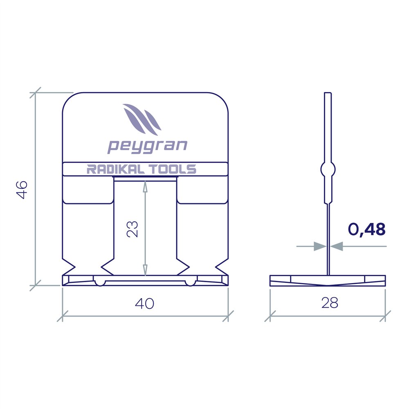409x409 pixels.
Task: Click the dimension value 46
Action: (22, 189)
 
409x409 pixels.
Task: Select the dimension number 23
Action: (132, 229)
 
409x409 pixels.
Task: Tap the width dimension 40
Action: (144, 303)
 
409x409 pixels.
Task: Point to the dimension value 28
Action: (330, 303)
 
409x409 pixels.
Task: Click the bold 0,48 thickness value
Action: (367, 230)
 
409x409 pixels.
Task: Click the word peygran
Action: (147, 146)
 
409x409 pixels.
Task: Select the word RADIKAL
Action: (115, 169)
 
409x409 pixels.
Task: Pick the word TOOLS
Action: (173, 169)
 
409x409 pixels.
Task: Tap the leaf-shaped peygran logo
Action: (142, 119)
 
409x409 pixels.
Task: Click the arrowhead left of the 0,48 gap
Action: (320, 246)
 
